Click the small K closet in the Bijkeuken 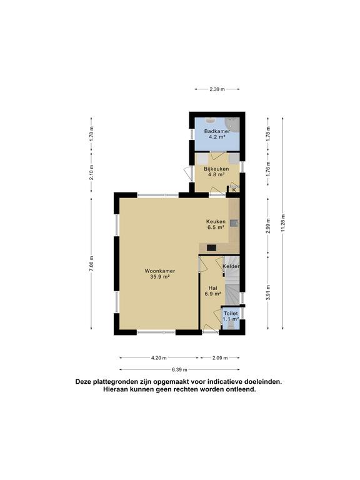[x=234, y=189]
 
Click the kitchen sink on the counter [x=234, y=222]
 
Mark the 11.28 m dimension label [x=282, y=222]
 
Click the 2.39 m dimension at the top [x=217, y=90]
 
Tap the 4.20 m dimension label [x=159, y=357]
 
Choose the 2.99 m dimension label [x=267, y=223]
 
